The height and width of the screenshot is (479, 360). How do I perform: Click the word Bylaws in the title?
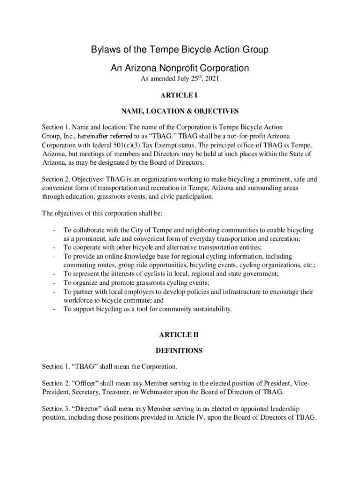click(106, 50)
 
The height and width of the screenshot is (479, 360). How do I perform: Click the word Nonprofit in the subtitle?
click(180, 68)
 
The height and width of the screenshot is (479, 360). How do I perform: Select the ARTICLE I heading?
click(180, 95)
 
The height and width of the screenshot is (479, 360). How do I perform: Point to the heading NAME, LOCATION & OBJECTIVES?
click(180, 111)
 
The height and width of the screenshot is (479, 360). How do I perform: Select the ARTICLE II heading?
click(180, 334)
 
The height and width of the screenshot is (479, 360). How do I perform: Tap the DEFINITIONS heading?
click(180, 350)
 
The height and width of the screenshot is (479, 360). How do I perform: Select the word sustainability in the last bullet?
click(207, 309)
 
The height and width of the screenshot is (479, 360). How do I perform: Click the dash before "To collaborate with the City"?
click(55, 230)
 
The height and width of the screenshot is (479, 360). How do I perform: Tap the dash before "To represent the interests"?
click(55, 274)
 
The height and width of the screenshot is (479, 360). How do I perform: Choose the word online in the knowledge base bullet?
click(119, 256)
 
